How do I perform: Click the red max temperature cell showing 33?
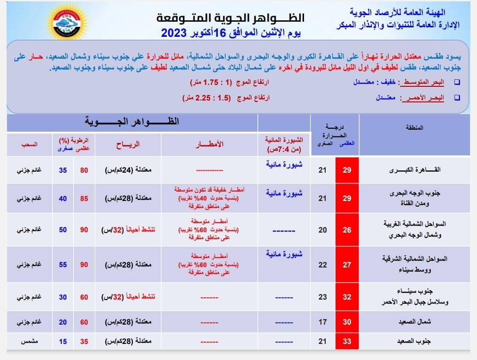(347, 341)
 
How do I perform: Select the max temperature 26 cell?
(347, 230)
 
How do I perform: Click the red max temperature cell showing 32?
(347, 297)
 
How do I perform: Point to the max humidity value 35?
(84, 341)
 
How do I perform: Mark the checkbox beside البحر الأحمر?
(456, 98)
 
